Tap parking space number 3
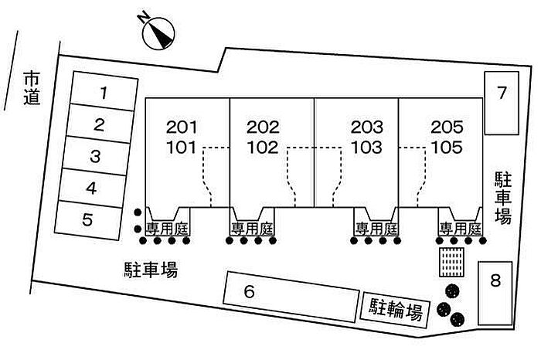pos(95,156)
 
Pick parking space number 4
pos(91,187)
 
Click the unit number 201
pos(182,127)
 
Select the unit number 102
pos(263,144)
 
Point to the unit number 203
pos(366,127)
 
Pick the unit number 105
pos(446,144)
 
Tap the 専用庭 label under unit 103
pos(376,229)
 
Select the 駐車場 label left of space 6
pos(151,270)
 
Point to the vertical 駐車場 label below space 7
pos(503,198)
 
